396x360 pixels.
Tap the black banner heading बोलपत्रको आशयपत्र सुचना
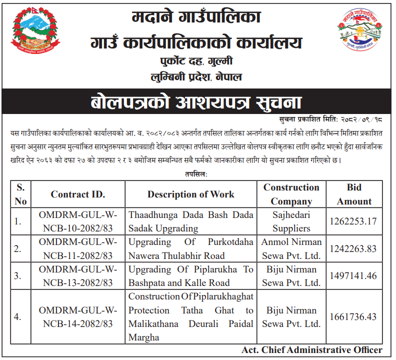coord(196,102)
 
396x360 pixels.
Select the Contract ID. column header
coord(77,194)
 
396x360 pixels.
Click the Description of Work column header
coord(191,194)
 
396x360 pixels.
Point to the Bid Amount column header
coord(354,194)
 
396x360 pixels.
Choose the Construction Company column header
coord(291,194)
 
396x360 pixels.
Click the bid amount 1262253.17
coord(353,221)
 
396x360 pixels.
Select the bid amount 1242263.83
coord(353,249)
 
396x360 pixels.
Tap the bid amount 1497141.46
coord(353,276)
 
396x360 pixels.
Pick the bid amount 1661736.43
coord(353,317)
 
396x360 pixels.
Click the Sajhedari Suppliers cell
coord(291,221)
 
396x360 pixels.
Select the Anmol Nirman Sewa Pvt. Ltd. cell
coord(291,249)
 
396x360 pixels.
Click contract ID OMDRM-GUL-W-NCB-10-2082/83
coord(77,221)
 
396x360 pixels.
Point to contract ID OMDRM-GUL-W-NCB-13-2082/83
coord(77,276)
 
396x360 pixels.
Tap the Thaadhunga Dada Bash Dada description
coord(191,221)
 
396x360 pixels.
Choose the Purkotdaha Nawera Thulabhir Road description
coord(191,249)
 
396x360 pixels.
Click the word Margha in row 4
coord(144,337)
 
